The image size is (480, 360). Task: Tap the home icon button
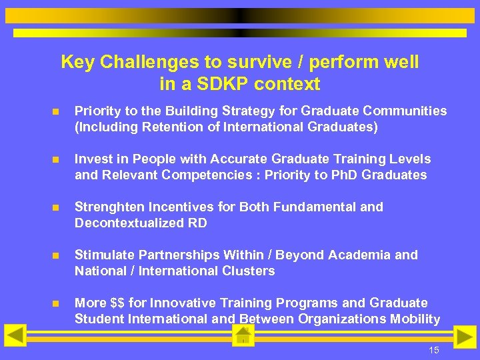coord(243,335)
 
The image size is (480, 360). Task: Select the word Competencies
coord(199,175)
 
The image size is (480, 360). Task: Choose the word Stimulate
coord(104,255)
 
